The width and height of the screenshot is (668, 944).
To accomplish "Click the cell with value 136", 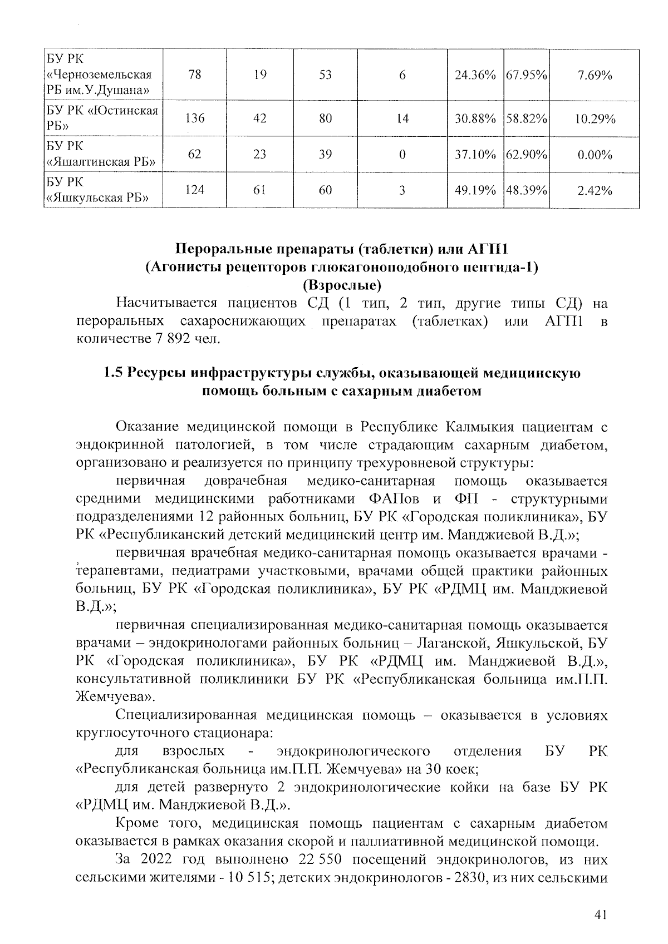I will click(x=195, y=118).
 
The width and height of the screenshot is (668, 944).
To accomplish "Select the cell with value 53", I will click(x=325, y=75).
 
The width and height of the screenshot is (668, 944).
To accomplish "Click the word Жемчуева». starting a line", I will click(x=115, y=696).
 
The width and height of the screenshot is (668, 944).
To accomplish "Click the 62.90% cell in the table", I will click(x=526, y=154).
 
